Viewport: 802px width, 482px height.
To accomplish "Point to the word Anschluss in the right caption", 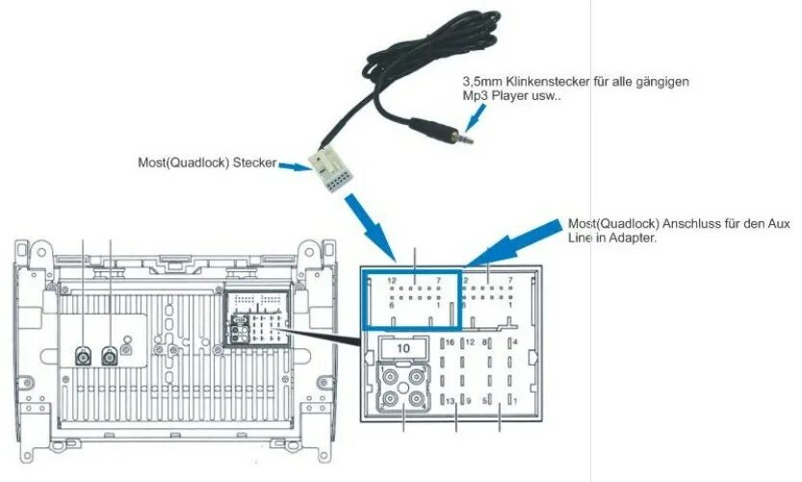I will pos(684,223).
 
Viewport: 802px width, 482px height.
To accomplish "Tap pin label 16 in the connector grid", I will pos(448,342).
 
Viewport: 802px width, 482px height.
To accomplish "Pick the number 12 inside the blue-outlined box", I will pos(391,280).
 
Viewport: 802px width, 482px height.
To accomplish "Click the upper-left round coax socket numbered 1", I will pos(391,377).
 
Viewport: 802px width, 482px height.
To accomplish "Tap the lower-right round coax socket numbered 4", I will pos(415,399).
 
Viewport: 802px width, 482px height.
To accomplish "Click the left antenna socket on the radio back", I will pos(84,356).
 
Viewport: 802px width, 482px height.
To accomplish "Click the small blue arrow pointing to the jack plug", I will pos(472,116).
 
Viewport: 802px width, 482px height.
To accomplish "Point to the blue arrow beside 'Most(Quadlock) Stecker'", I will pos(290,165).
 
